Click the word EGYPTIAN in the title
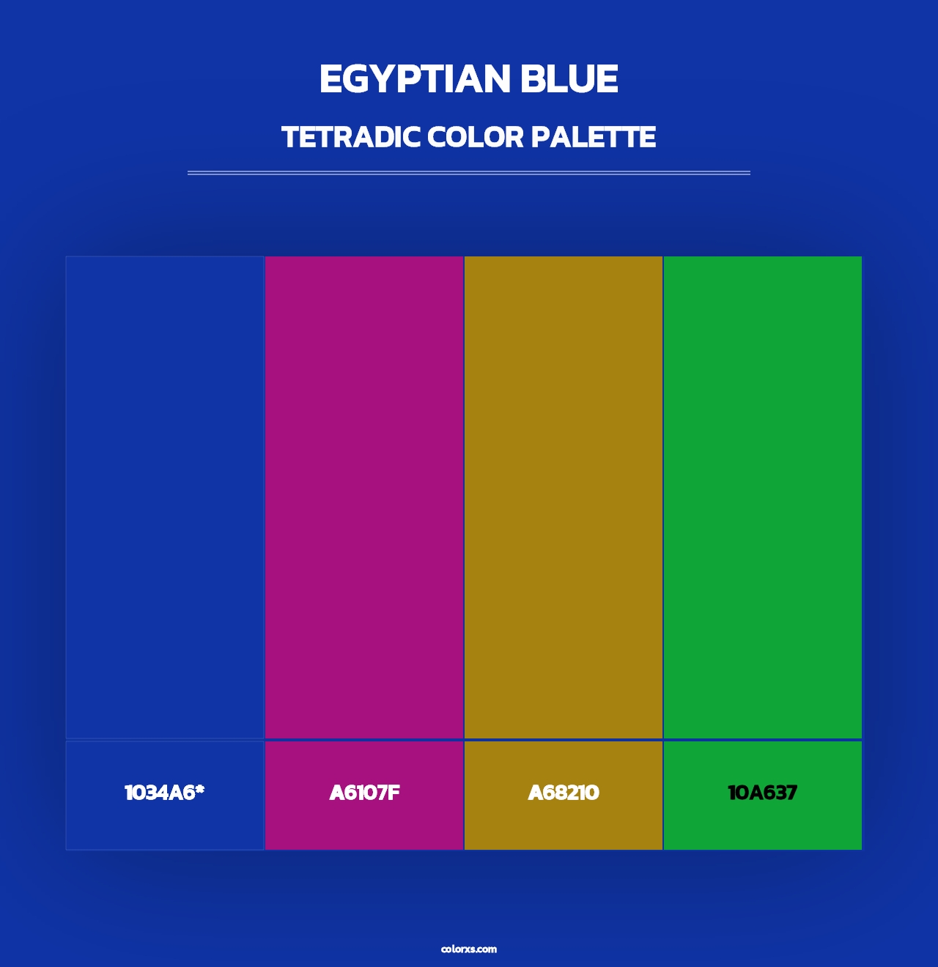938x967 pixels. tap(414, 79)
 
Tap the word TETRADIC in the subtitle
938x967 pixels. tap(351, 137)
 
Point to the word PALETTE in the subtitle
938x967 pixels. tap(593, 137)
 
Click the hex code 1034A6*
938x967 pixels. tap(164, 793)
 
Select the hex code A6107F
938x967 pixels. tap(364, 793)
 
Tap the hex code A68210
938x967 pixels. tap(564, 793)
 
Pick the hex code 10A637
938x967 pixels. tap(762, 793)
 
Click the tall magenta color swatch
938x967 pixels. tap(364, 497)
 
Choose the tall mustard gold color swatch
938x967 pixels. tap(564, 497)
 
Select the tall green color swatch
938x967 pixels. tap(763, 497)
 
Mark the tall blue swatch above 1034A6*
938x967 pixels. tap(165, 497)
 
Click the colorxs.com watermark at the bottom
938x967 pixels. tap(469, 949)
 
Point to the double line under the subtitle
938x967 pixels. tap(469, 173)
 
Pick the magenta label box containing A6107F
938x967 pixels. tap(364, 828)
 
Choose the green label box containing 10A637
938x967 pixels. tap(763, 828)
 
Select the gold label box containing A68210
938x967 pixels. tap(564, 828)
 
